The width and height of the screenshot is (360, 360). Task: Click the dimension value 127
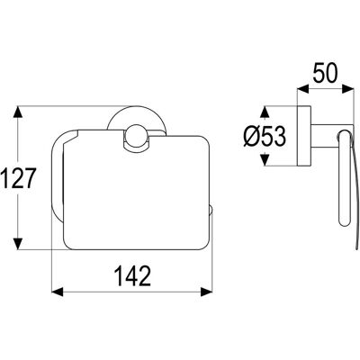18,178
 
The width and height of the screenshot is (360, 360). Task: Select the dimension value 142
133,275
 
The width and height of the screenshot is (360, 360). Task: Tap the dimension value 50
326,73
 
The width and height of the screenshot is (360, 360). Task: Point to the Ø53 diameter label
264,137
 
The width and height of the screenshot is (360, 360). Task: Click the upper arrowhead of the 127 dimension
18,112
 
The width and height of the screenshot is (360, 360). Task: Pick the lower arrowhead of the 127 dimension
18,243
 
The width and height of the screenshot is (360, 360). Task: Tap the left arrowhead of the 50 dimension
302,89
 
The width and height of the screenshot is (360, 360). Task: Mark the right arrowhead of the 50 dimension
347,89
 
